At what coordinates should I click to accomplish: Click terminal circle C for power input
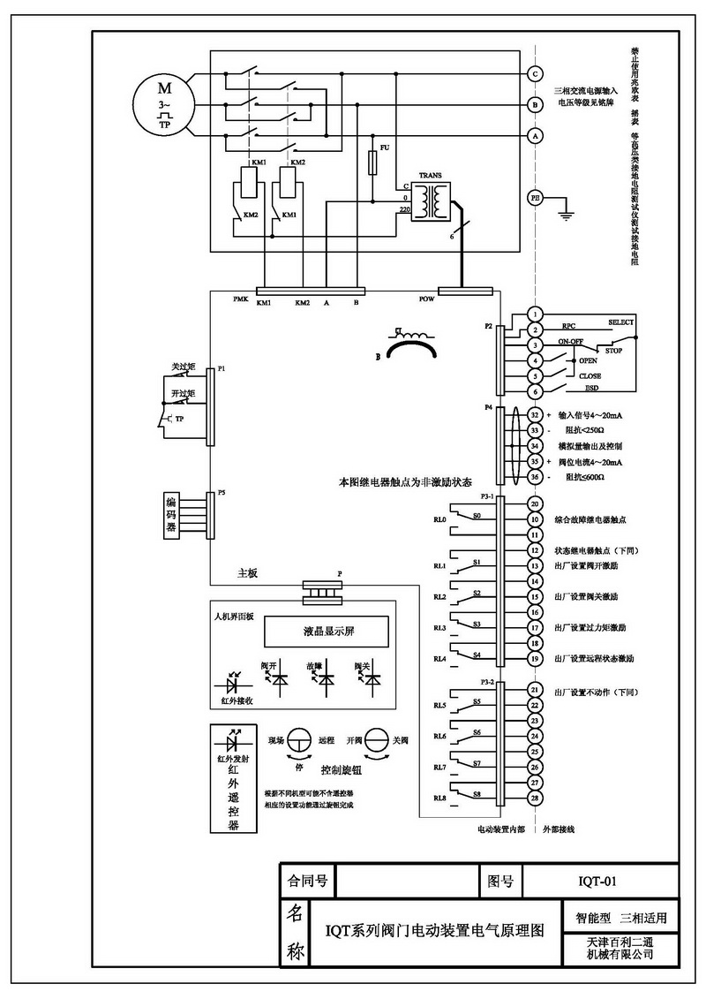pos(535,74)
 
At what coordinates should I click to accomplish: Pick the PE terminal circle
pos(535,198)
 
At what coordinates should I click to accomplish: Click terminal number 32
pos(534,414)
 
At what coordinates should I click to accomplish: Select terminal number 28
pos(534,798)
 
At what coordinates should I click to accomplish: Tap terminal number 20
pos(534,503)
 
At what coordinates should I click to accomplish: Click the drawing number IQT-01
pos(603,881)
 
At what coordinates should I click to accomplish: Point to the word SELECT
pos(621,322)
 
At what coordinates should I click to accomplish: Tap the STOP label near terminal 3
pos(612,349)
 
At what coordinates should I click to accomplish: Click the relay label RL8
pos(439,798)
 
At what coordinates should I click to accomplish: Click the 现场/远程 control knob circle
pos(300,740)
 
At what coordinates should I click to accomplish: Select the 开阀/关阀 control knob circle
pos(377,740)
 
